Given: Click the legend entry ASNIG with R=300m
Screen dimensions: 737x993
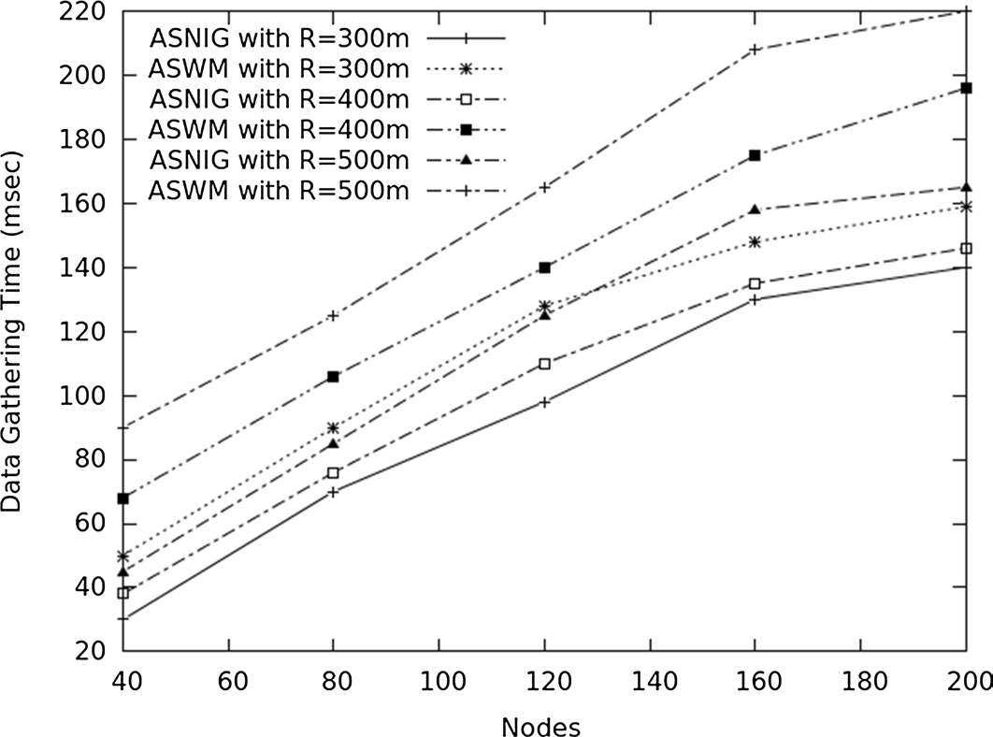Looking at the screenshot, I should pos(278,38).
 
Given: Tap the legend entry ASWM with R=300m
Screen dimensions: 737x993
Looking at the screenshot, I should pos(278,69).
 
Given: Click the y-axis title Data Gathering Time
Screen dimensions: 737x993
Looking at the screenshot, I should pos(13,332).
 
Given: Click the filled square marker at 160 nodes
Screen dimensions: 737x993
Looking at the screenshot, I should pos(755,155).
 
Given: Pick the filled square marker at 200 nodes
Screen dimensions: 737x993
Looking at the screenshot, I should pos(966,88).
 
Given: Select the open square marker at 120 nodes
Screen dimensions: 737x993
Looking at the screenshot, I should pos(544,364).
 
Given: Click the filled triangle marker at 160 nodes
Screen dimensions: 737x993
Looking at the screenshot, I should pos(755,210).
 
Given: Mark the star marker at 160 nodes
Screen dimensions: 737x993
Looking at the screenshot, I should pos(755,241).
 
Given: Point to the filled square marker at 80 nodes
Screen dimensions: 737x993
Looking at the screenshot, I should pos(334,376).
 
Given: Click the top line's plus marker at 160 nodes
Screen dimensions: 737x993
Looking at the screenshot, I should pos(755,50).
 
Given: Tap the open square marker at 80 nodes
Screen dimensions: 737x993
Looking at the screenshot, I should pos(334,473).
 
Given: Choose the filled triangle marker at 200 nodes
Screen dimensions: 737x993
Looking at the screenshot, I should pos(966,187).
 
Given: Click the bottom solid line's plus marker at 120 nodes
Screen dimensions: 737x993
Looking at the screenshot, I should pos(544,402).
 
